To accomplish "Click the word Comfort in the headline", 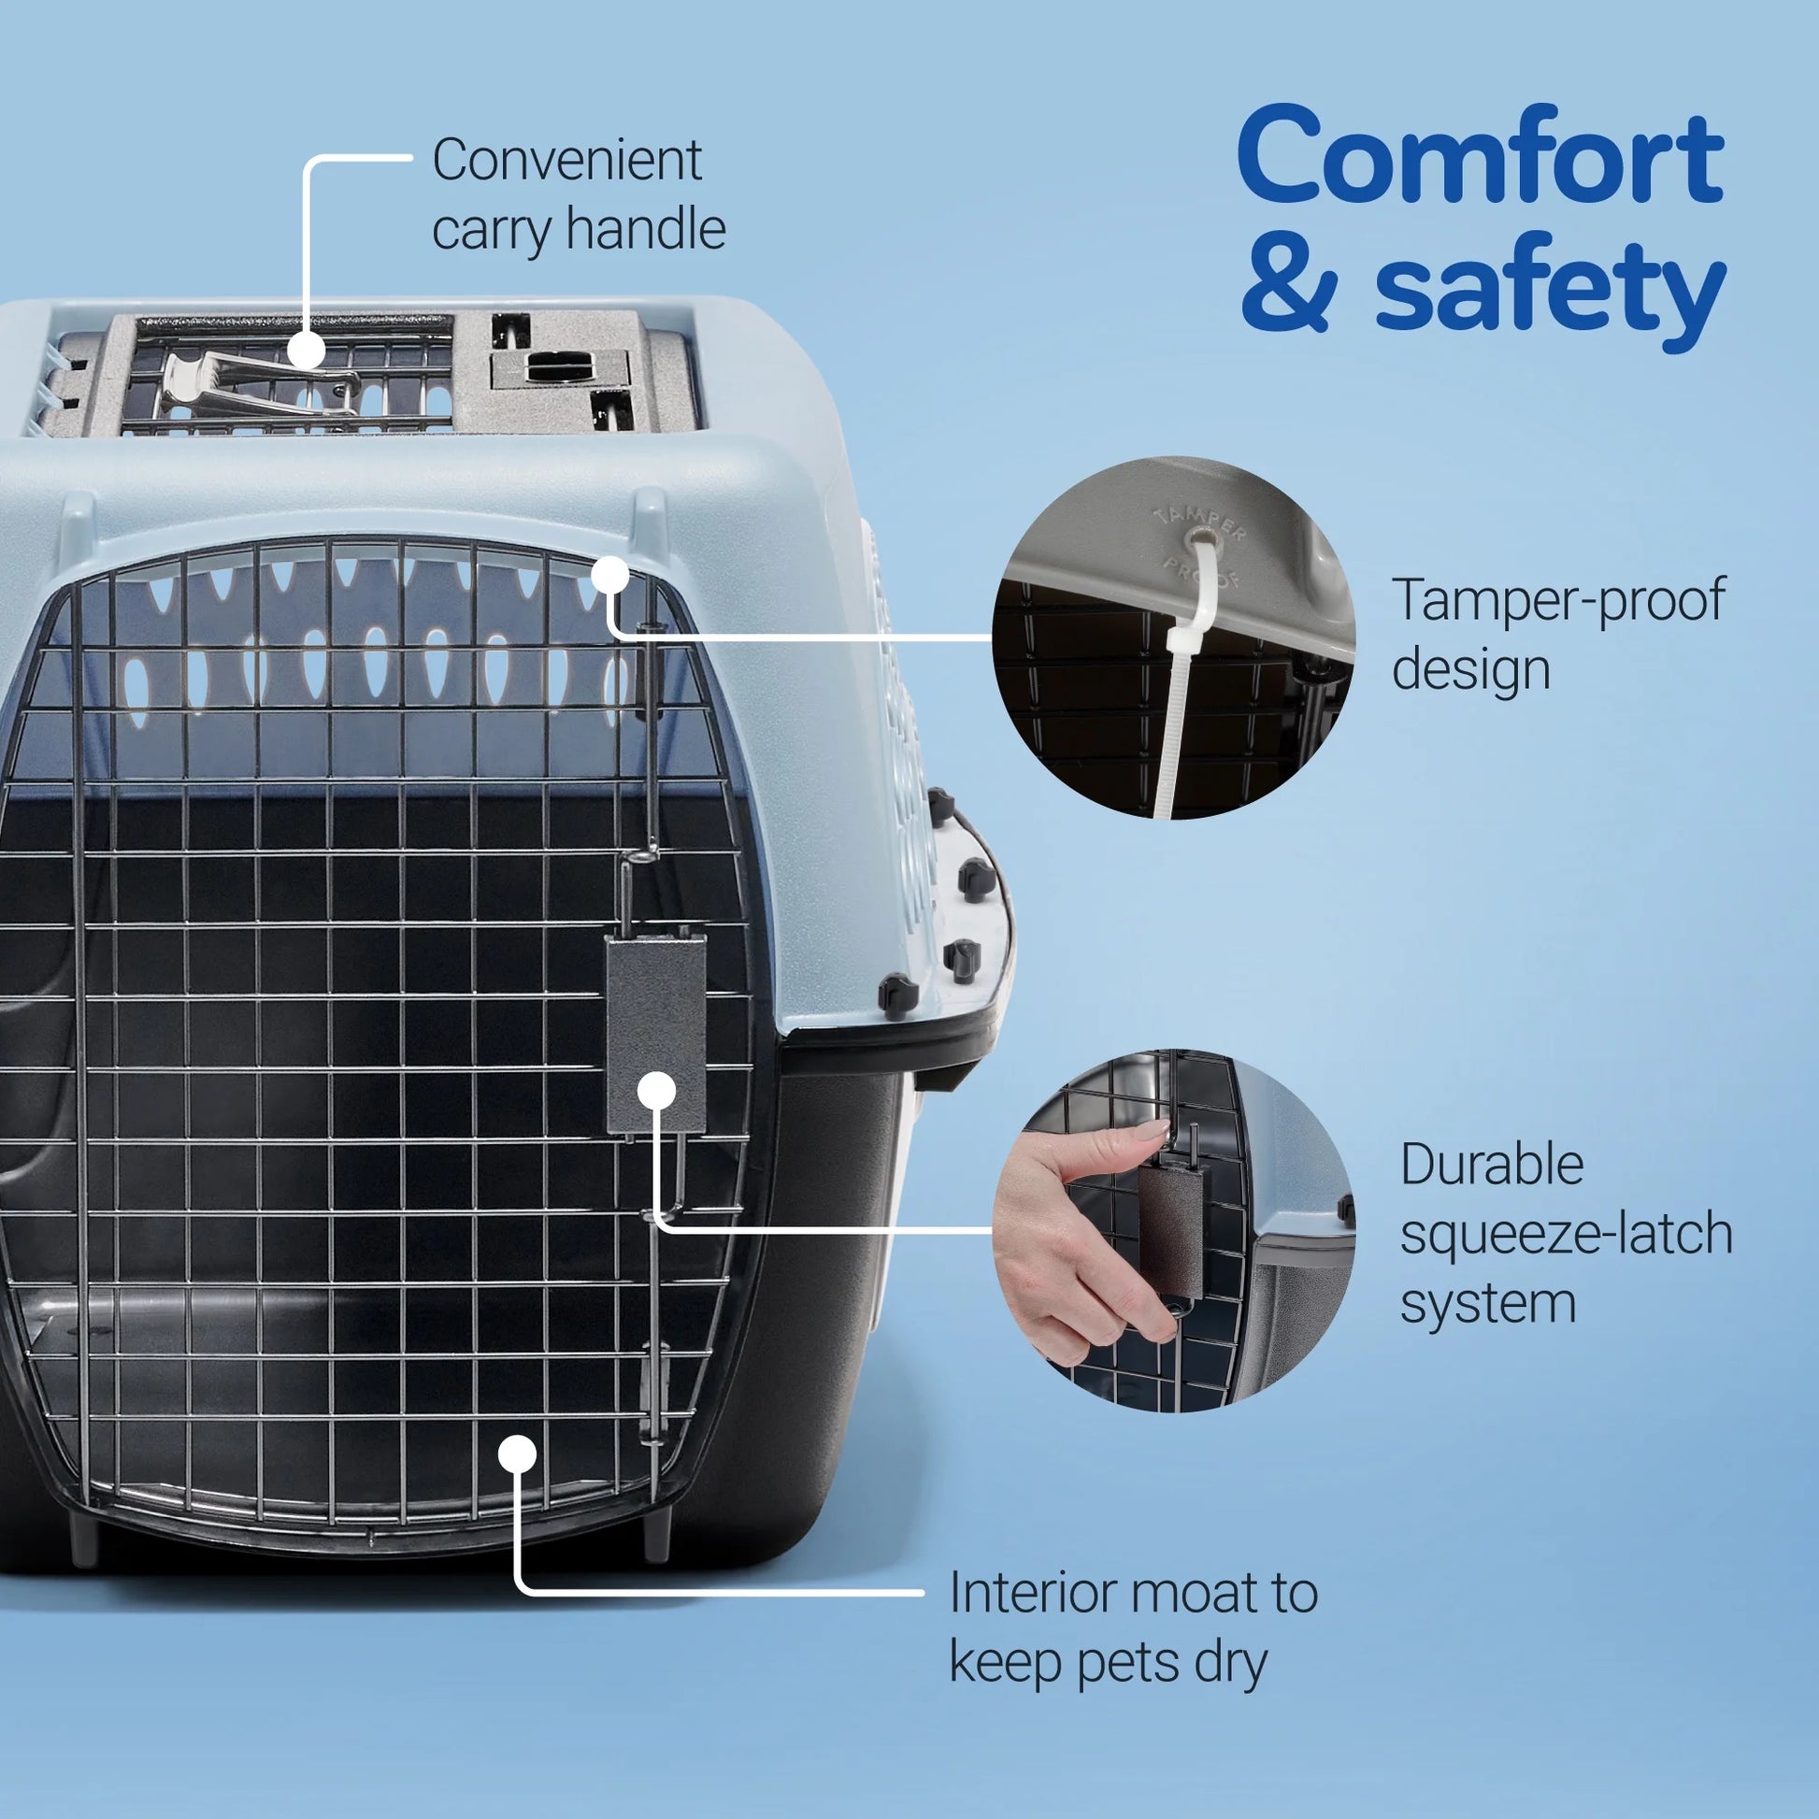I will pyautogui.click(x=1480, y=158).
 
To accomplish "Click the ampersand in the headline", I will pyautogui.click(x=1289, y=287).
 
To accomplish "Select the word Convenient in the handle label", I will pyautogui.click(x=566, y=160).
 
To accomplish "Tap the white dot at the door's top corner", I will pyautogui.click(x=610, y=573).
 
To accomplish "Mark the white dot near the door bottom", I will pyautogui.click(x=517, y=1454).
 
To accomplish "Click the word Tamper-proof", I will pyautogui.click(x=1558, y=601).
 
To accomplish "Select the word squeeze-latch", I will pyautogui.click(x=1566, y=1234).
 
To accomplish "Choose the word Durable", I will pyautogui.click(x=1491, y=1166).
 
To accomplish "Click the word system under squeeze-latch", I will pyautogui.click(x=1487, y=1304).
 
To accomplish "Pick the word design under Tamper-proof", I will pyautogui.click(x=1470, y=670).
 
